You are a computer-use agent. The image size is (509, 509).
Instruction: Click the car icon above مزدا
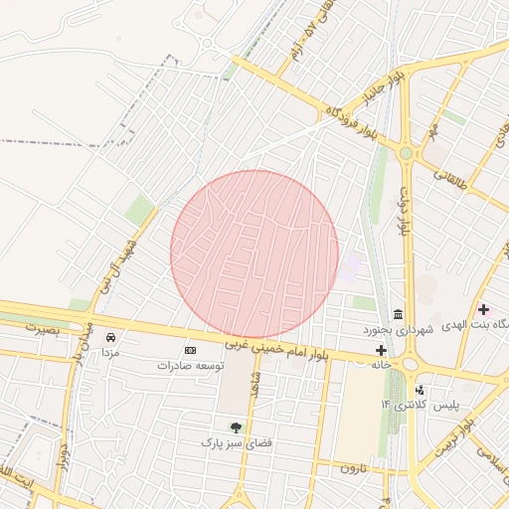tap(110, 337)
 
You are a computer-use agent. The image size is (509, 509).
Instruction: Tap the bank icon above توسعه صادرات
tap(191, 350)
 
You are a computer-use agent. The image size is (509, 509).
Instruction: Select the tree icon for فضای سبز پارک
tap(236, 426)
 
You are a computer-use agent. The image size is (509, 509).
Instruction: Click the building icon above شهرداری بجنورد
tap(398, 314)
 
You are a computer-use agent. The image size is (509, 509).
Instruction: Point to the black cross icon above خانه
tap(381, 350)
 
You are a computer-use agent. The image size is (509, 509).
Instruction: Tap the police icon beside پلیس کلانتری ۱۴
tap(421, 390)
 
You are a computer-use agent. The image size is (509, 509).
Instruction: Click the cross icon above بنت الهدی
tap(484, 310)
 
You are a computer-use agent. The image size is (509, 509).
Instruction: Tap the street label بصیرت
tap(42, 327)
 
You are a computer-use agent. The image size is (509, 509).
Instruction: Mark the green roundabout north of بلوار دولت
tap(406, 153)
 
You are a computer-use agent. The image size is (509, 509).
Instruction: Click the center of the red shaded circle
tap(254, 254)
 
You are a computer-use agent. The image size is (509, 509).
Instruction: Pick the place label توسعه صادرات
tap(191, 366)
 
